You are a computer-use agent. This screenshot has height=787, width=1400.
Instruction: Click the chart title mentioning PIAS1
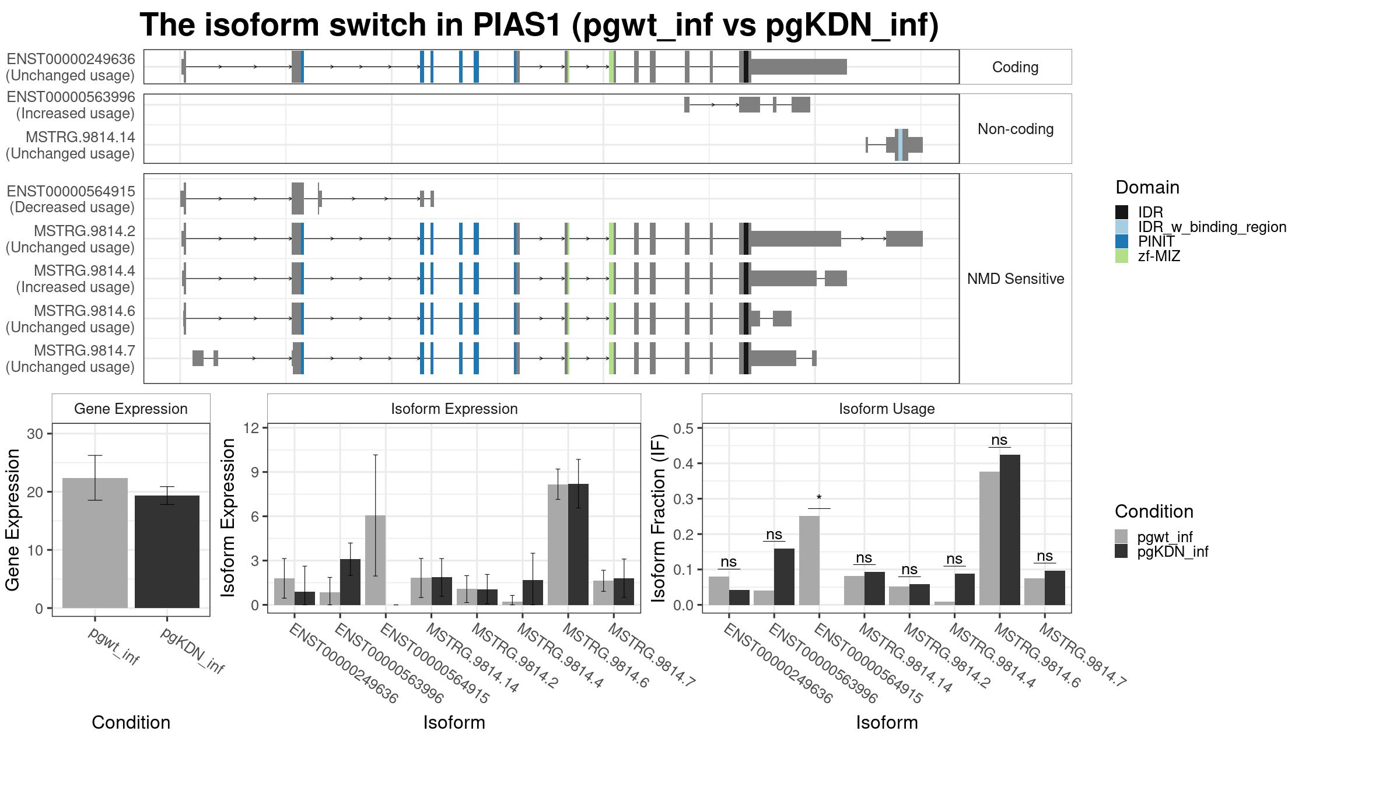pyautogui.click(x=539, y=26)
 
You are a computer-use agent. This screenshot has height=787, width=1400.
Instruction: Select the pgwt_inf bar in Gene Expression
pyautogui.click(x=95, y=543)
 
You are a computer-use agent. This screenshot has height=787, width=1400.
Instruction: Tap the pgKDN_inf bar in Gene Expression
pyautogui.click(x=167, y=551)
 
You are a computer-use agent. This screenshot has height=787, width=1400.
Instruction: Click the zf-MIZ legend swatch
pyautogui.click(x=1121, y=256)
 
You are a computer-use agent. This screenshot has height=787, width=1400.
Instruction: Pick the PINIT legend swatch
pyautogui.click(x=1121, y=241)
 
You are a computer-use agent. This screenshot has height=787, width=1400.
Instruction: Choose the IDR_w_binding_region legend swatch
pyautogui.click(x=1121, y=227)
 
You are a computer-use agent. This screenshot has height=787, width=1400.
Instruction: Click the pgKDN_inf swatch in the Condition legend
pyautogui.click(x=1121, y=551)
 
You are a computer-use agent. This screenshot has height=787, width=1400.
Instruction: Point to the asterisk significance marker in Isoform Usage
pyautogui.click(x=819, y=498)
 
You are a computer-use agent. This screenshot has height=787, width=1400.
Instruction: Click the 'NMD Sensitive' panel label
pyautogui.click(x=1016, y=279)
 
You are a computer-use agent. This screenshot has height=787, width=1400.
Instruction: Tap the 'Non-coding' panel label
pyautogui.click(x=1016, y=129)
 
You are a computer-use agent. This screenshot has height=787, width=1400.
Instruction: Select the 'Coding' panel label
pyautogui.click(x=1016, y=67)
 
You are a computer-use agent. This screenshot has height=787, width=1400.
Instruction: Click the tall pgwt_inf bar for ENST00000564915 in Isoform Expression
pyautogui.click(x=375, y=560)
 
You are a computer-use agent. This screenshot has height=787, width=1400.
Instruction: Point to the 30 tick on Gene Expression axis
pyautogui.click(x=35, y=433)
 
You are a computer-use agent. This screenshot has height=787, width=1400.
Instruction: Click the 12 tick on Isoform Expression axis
pyautogui.click(x=251, y=428)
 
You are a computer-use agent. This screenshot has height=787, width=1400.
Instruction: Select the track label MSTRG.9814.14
pyautogui.click(x=80, y=137)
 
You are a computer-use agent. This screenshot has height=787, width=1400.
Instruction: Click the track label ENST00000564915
pyautogui.click(x=71, y=191)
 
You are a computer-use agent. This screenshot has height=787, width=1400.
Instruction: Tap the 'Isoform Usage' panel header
pyautogui.click(x=887, y=409)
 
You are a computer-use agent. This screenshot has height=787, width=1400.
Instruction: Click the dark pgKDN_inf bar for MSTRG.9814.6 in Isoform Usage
pyautogui.click(x=1010, y=530)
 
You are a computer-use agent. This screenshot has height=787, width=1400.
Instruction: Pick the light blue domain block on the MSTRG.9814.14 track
pyautogui.click(x=900, y=145)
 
